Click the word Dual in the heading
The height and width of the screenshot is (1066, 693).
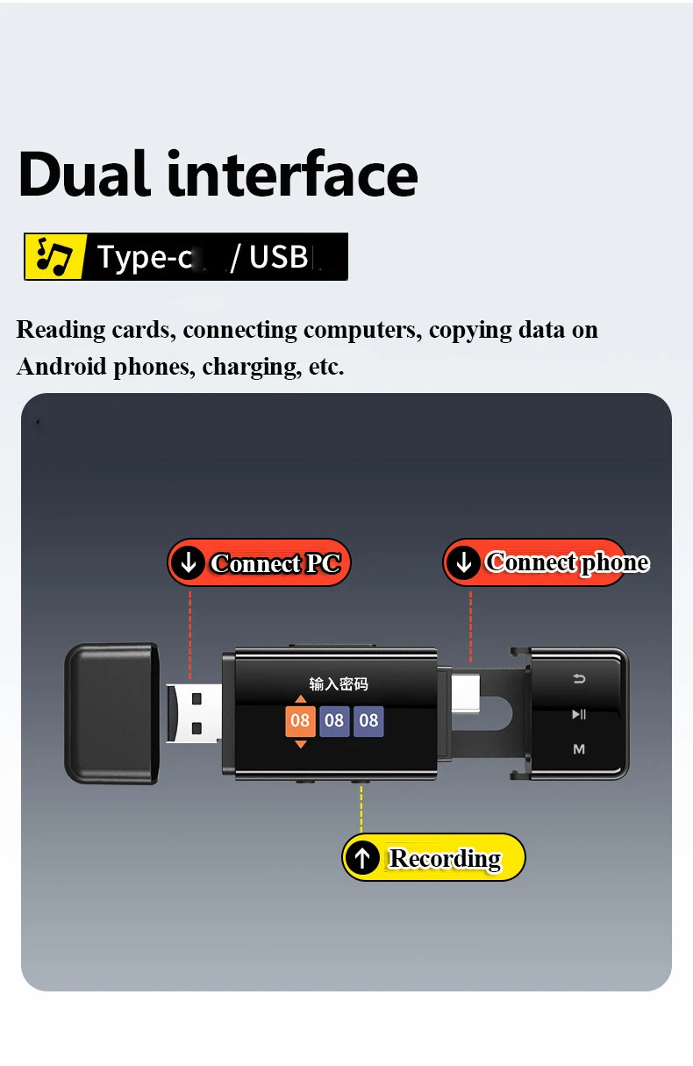84,174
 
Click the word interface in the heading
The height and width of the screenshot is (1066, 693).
292,174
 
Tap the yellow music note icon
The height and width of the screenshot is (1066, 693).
54,256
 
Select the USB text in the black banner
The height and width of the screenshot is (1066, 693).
278,257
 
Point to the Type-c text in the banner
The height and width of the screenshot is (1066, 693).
144,257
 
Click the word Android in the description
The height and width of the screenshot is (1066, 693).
58,367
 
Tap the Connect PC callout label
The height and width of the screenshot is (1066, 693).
260,563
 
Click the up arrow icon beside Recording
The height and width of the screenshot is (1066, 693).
362,858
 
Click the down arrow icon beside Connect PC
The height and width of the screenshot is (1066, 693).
188,563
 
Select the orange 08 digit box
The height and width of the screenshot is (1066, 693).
300,721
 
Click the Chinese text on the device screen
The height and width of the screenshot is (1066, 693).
339,684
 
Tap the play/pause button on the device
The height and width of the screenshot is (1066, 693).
579,714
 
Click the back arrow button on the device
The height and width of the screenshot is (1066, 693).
579,678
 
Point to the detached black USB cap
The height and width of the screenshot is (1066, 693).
111,713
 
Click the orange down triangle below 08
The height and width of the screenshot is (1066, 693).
301,744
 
